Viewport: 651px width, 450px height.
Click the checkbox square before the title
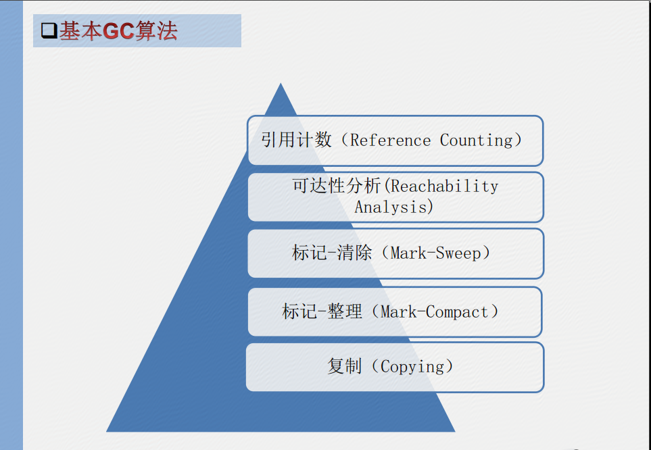49,30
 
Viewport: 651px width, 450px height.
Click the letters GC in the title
118,30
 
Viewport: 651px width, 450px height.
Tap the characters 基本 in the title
80,30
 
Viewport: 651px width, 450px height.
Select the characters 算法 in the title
157,30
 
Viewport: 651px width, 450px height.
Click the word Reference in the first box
390,141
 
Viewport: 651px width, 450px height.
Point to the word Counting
477,141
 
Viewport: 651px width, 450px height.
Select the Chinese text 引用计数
297,139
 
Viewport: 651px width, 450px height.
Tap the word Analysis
391,207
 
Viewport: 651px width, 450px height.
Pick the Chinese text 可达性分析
336,186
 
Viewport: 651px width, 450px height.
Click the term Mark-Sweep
435,253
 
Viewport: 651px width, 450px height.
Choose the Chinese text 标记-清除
332,253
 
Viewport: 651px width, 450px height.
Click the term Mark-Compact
434,311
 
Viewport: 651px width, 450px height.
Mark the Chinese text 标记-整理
322,311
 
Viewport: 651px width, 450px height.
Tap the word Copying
412,367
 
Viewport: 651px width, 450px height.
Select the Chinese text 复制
344,366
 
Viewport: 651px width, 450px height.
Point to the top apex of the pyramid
281,83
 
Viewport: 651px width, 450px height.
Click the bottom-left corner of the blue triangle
107,431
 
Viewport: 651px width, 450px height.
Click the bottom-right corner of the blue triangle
455,431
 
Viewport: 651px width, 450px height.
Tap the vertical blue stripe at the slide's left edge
11,225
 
